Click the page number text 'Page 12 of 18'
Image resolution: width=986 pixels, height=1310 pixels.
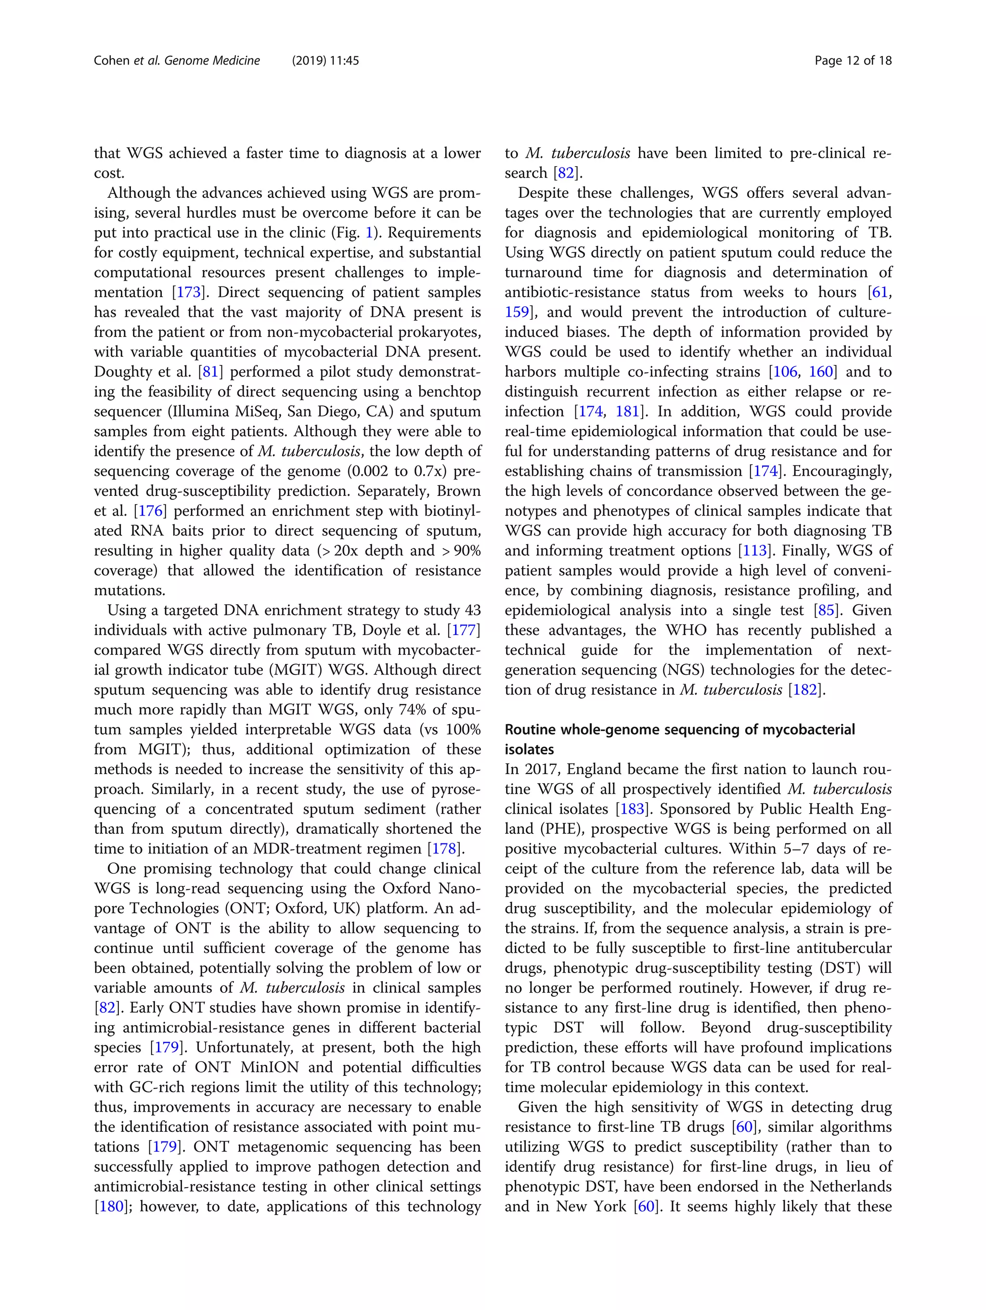coord(853,60)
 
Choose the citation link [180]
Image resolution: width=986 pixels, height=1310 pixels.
coord(111,1206)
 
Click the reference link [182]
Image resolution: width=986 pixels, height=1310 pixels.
coord(805,689)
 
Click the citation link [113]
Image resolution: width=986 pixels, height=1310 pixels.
coord(754,550)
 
